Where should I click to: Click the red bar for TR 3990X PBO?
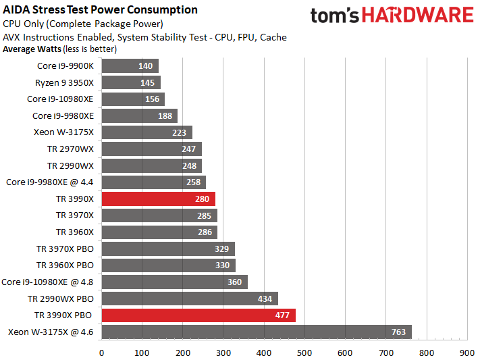[x=198, y=315]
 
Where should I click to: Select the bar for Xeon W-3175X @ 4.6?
[x=256, y=332]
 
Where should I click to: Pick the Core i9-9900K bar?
[x=130, y=66]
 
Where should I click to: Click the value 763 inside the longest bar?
[x=398, y=332]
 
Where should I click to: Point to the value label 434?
[x=265, y=299]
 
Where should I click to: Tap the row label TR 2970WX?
[x=70, y=149]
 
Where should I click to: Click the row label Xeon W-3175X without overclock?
[x=63, y=132]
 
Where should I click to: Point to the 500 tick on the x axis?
[x=304, y=352]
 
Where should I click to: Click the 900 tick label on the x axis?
[x=466, y=352]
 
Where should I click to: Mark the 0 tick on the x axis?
[x=101, y=352]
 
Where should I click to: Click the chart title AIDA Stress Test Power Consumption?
[x=101, y=10]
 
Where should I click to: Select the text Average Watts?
[x=32, y=49]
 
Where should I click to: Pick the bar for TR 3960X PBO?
[x=168, y=265]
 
